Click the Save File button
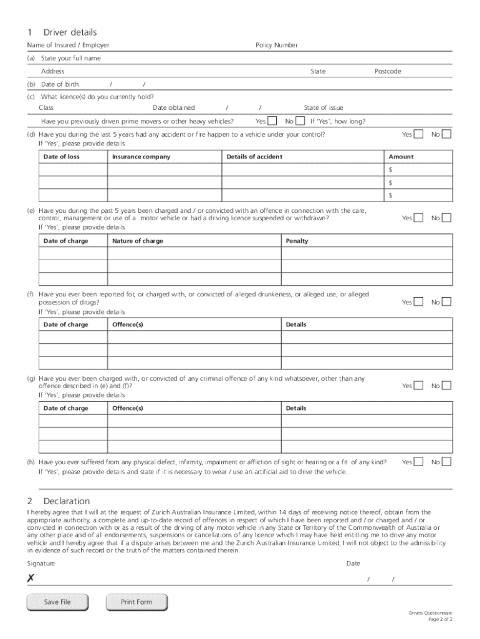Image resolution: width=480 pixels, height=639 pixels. (57, 602)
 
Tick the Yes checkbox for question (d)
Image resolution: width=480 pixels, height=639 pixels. (419, 134)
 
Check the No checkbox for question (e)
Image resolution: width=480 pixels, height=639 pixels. (446, 218)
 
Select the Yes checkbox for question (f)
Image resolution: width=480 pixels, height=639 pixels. (419, 302)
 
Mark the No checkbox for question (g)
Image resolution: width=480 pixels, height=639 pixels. (446, 386)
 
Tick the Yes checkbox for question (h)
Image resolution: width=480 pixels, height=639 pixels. (419, 462)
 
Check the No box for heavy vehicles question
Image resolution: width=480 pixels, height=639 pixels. (300, 121)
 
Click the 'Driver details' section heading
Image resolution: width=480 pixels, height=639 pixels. (70, 32)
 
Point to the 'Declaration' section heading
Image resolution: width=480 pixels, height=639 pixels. (66, 501)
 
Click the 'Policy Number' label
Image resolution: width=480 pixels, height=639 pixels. (277, 45)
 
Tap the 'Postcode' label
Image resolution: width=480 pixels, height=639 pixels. (388, 71)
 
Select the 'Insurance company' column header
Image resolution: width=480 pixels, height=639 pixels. (141, 157)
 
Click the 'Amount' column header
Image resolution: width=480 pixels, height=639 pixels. (401, 157)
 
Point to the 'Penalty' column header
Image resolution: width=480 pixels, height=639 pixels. (297, 241)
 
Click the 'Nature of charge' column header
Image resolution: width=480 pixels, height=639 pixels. (138, 241)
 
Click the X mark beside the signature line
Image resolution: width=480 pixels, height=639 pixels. (31, 579)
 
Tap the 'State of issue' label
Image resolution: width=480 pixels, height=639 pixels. (323, 108)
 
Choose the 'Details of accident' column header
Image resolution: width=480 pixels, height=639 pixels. (254, 157)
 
